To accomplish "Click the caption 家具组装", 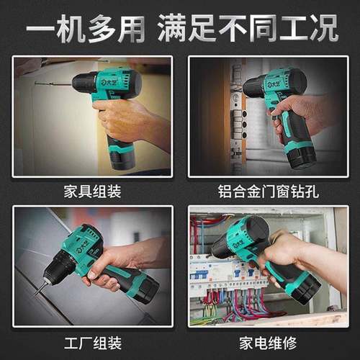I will (91, 192).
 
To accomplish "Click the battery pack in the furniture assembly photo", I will (122, 152).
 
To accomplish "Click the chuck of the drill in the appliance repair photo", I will (220, 247).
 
